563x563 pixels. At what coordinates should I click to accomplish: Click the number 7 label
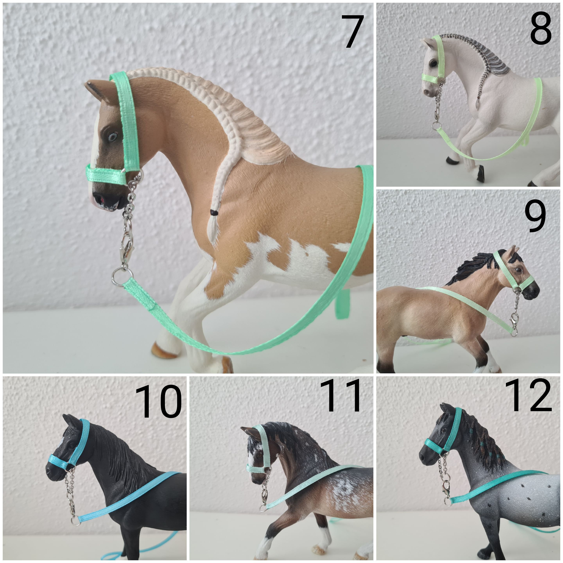pos(353,31)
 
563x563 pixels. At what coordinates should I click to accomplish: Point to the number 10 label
pos(158,402)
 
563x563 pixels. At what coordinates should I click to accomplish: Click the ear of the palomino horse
pos(96,89)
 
